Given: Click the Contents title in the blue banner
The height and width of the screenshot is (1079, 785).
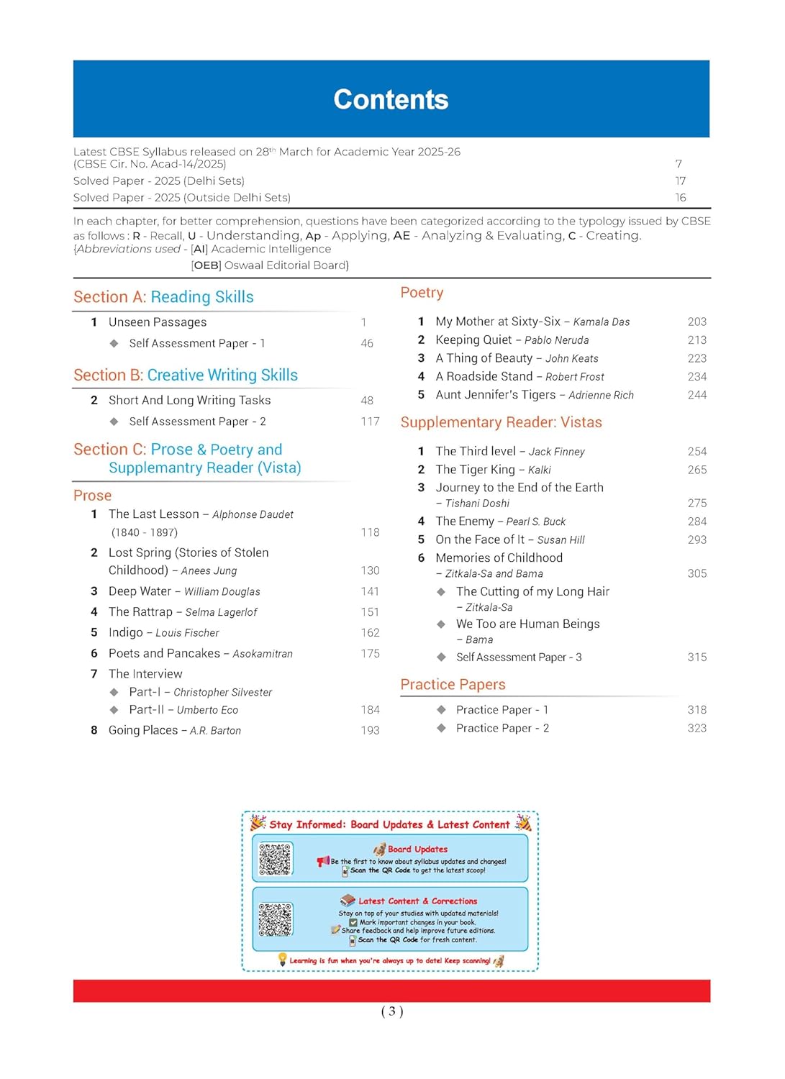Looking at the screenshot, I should point(391,99).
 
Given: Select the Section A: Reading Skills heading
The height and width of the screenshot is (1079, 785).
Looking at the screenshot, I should point(163,297).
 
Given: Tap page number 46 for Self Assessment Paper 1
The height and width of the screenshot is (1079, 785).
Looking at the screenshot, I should point(367,344).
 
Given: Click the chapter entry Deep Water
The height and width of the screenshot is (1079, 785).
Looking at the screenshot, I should point(140,591).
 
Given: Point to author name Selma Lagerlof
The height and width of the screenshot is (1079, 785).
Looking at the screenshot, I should point(221,612).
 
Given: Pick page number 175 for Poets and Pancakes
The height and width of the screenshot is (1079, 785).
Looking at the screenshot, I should point(370,654).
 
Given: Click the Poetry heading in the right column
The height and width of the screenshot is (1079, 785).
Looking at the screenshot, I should point(422,293).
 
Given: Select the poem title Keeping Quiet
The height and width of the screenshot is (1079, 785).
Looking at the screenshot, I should point(473,340).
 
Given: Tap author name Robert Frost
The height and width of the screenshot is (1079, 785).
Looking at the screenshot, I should point(574,377).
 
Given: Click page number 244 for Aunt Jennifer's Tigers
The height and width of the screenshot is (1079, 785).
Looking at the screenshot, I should point(696,395).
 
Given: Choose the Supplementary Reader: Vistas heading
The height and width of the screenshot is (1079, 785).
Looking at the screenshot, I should point(501,422).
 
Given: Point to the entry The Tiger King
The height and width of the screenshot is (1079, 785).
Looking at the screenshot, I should point(475,470).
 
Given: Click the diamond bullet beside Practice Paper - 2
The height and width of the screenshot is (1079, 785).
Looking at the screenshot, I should point(441,728).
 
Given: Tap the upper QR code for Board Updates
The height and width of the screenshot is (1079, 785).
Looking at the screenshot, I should point(276,859).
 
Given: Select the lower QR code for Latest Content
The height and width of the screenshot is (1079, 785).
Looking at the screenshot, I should point(276,919).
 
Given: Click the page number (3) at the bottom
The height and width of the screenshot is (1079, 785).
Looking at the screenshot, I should point(392,1011).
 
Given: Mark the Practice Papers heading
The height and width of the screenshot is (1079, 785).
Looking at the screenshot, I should point(453,685).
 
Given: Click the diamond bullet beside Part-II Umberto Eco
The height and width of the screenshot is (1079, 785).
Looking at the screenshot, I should point(114,710).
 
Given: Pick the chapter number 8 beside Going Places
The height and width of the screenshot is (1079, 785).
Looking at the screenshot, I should point(94,730).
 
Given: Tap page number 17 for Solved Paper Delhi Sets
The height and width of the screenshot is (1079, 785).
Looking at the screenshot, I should point(680,181).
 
